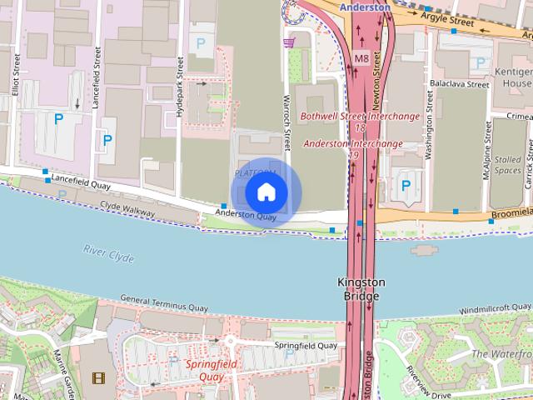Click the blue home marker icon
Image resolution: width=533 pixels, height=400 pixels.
266,192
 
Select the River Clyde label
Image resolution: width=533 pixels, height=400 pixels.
108,253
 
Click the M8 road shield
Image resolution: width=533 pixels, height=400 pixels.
361,58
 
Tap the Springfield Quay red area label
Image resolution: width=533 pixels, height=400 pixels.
211,370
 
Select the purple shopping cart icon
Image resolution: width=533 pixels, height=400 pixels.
289,42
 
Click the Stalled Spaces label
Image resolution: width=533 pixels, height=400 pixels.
508,164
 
